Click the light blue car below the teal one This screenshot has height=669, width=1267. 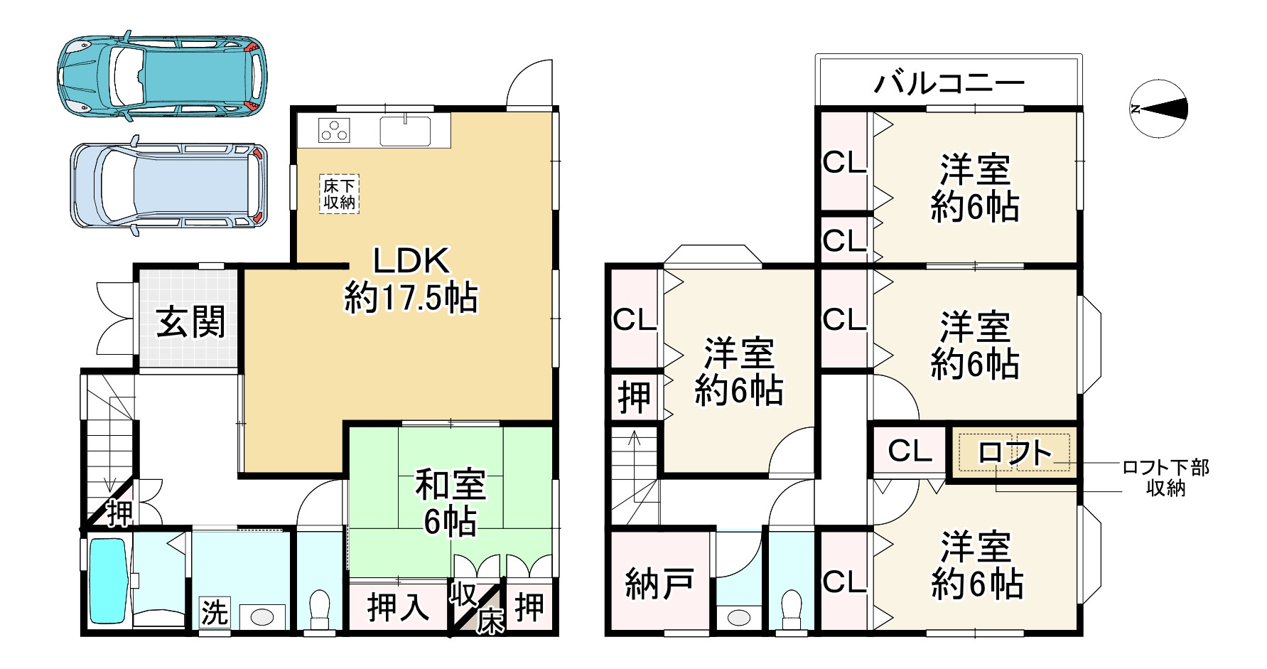[x=169, y=185]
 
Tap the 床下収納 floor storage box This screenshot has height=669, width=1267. [x=339, y=194]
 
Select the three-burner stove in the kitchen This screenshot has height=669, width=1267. [x=334, y=131]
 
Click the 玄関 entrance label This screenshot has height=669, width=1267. [x=190, y=322]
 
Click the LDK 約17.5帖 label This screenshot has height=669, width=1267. [x=411, y=279]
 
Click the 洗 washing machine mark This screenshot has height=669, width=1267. [x=214, y=613]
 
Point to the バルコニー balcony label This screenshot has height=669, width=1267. [x=949, y=83]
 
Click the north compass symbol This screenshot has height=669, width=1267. [x=1158, y=109]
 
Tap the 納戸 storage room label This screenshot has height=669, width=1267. [x=659, y=584]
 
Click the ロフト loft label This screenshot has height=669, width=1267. [x=1015, y=452]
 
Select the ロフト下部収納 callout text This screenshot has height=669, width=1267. [x=1165, y=478]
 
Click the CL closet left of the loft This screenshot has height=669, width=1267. [x=910, y=450]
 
